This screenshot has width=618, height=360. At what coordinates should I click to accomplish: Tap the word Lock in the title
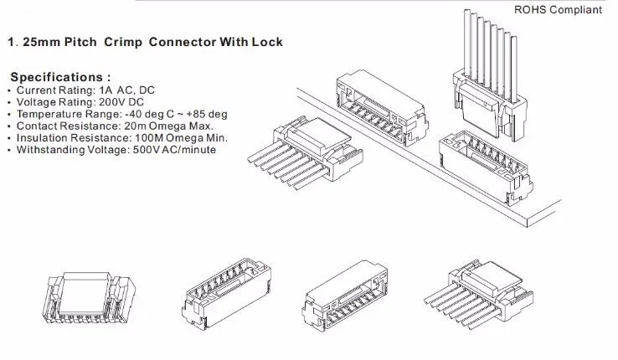pos(267,42)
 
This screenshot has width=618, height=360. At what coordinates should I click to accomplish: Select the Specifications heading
pos(60,77)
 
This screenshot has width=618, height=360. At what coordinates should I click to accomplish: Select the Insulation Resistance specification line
pos(117,137)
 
